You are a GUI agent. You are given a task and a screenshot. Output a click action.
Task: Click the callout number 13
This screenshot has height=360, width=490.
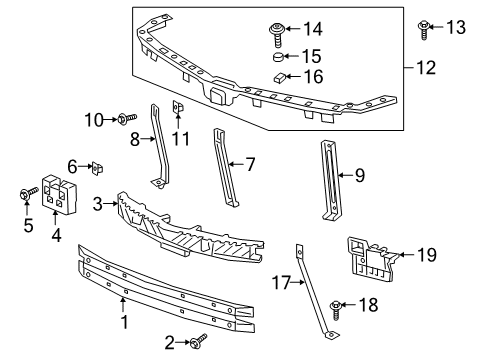456,27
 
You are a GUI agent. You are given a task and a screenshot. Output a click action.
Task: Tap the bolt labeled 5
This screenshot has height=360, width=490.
26,196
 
